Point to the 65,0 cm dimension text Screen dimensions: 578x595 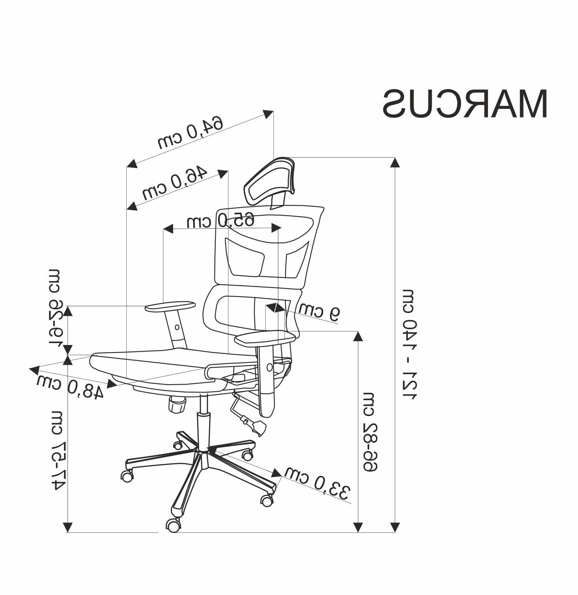[x=220, y=220]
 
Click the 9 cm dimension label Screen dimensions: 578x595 [x=319, y=311]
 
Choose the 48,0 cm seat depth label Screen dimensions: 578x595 [x=70, y=386]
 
